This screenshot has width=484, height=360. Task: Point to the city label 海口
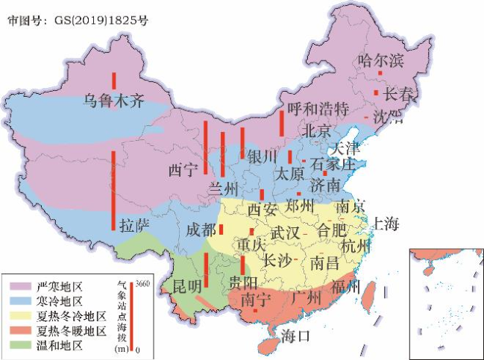tap(295, 336)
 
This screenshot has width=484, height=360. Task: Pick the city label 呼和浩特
tap(318, 109)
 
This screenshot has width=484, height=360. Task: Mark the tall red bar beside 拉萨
tap(113, 190)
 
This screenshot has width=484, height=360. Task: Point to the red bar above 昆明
tap(206, 270)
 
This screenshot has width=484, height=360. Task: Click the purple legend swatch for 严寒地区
tap(19, 286)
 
